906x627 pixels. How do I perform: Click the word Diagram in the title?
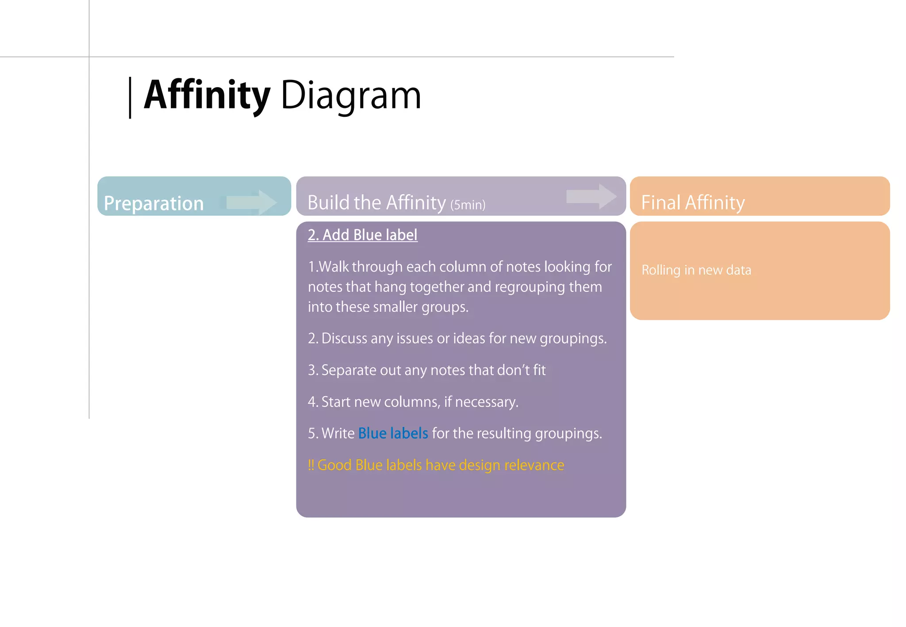[351, 96]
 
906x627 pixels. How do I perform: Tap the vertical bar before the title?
[130, 98]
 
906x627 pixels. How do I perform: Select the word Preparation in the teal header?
[154, 203]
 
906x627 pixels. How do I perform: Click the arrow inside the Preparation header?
[251, 203]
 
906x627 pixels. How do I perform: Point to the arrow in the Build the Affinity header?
[591, 196]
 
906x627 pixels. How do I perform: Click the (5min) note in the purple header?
[468, 205]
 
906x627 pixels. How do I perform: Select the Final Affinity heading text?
[693, 203]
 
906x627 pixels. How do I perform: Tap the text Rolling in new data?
[696, 270]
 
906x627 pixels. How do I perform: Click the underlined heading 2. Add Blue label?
[362, 235]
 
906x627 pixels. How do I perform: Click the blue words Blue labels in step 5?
[393, 433]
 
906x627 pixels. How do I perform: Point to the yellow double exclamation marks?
[311, 465]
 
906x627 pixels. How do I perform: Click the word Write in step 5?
[338, 433]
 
